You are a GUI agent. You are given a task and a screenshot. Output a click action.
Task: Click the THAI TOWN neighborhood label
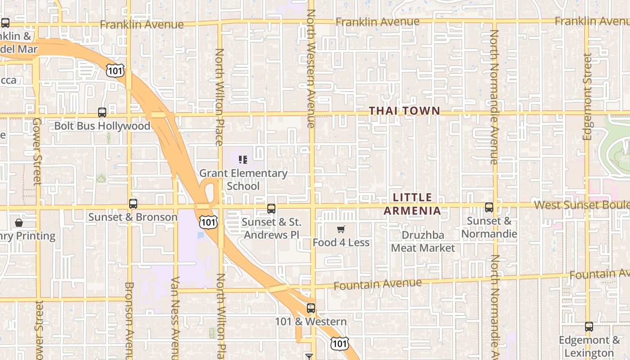(404, 111)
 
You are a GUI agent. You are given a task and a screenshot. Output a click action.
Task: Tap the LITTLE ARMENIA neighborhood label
(412, 204)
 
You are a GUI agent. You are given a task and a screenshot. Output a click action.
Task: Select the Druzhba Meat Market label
(423, 242)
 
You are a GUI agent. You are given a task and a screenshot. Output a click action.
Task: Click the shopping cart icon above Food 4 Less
(341, 229)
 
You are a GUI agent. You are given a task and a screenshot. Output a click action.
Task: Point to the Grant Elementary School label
(243, 180)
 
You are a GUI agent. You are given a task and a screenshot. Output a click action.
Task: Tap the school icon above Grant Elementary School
(243, 159)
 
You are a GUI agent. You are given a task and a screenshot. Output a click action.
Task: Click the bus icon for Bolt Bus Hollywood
(102, 112)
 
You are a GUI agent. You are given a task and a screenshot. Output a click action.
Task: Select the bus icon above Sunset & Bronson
(133, 203)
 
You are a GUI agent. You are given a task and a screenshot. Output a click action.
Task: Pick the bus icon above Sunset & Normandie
(489, 207)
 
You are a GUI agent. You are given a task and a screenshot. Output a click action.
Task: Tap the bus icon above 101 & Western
(310, 308)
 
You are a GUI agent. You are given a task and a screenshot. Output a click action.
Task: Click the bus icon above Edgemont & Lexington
(589, 327)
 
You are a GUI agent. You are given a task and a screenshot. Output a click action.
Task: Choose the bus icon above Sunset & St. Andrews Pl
(271, 208)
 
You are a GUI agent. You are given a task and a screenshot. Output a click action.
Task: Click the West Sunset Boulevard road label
(581, 205)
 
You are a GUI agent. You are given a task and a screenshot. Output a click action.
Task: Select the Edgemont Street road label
(587, 97)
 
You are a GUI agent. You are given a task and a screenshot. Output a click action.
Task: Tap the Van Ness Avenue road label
(175, 318)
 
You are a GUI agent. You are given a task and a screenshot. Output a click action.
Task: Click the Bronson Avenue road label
(129, 320)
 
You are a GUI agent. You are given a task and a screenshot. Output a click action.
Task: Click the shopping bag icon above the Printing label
(19, 223)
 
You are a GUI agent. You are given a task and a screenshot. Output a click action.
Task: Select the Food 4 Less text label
(341, 243)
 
